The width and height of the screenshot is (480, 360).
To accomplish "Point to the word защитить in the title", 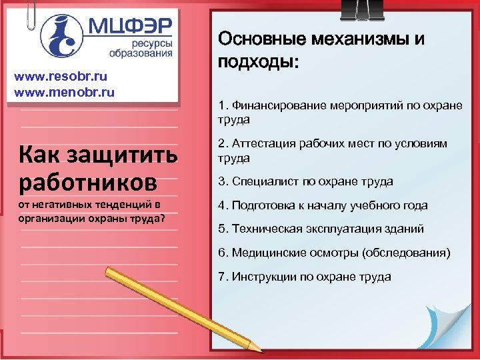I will pos(125,156).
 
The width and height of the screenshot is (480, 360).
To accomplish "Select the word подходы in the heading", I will pos(256,63).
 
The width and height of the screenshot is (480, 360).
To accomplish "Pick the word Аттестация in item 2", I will pos(261,144).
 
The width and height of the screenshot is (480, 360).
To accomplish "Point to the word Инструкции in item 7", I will pos(260,276).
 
